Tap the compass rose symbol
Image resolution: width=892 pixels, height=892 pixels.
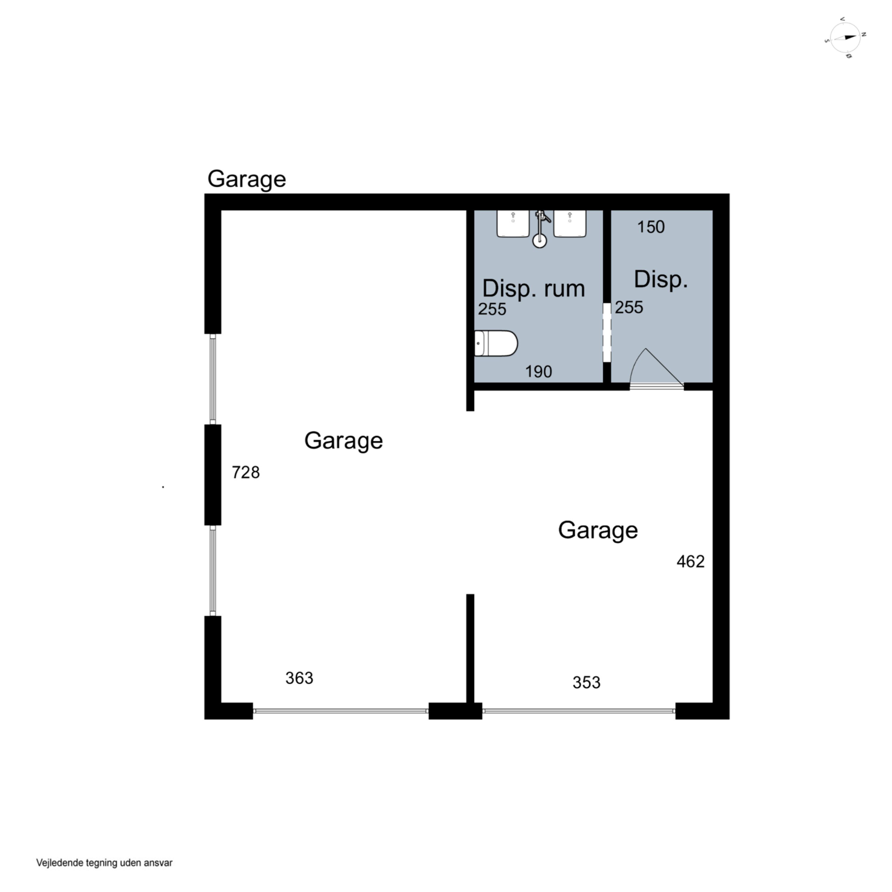pos(845,38)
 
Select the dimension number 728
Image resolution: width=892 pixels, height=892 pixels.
pos(246,472)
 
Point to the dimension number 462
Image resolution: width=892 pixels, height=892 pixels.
pos(691,561)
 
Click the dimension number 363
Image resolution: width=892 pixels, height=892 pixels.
pos(299,678)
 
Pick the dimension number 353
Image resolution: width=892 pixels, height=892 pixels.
pos(586,682)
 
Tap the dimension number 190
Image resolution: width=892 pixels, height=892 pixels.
pos(538,372)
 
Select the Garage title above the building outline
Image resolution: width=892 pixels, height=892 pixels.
pos(246,179)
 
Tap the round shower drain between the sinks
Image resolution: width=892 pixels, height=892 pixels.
pos(539,240)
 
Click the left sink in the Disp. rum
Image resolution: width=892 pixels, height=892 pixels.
pos(513,224)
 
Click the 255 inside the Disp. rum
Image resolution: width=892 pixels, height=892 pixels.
pos(492,309)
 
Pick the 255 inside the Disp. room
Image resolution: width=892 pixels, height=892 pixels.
pos(629,307)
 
